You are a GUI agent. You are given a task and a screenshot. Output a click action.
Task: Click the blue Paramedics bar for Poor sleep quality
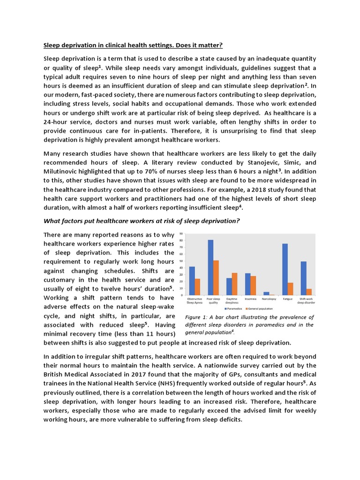[x=210, y=267]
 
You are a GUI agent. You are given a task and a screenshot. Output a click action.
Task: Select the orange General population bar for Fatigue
[x=290, y=289]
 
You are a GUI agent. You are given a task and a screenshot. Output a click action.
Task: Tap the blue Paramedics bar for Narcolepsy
[x=266, y=293]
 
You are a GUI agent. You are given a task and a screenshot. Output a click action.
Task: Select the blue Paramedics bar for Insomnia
[x=247, y=284]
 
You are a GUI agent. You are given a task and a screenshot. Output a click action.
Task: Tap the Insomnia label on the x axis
[x=250, y=298]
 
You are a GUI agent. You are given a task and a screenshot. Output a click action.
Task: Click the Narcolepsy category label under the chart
[x=269, y=298]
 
